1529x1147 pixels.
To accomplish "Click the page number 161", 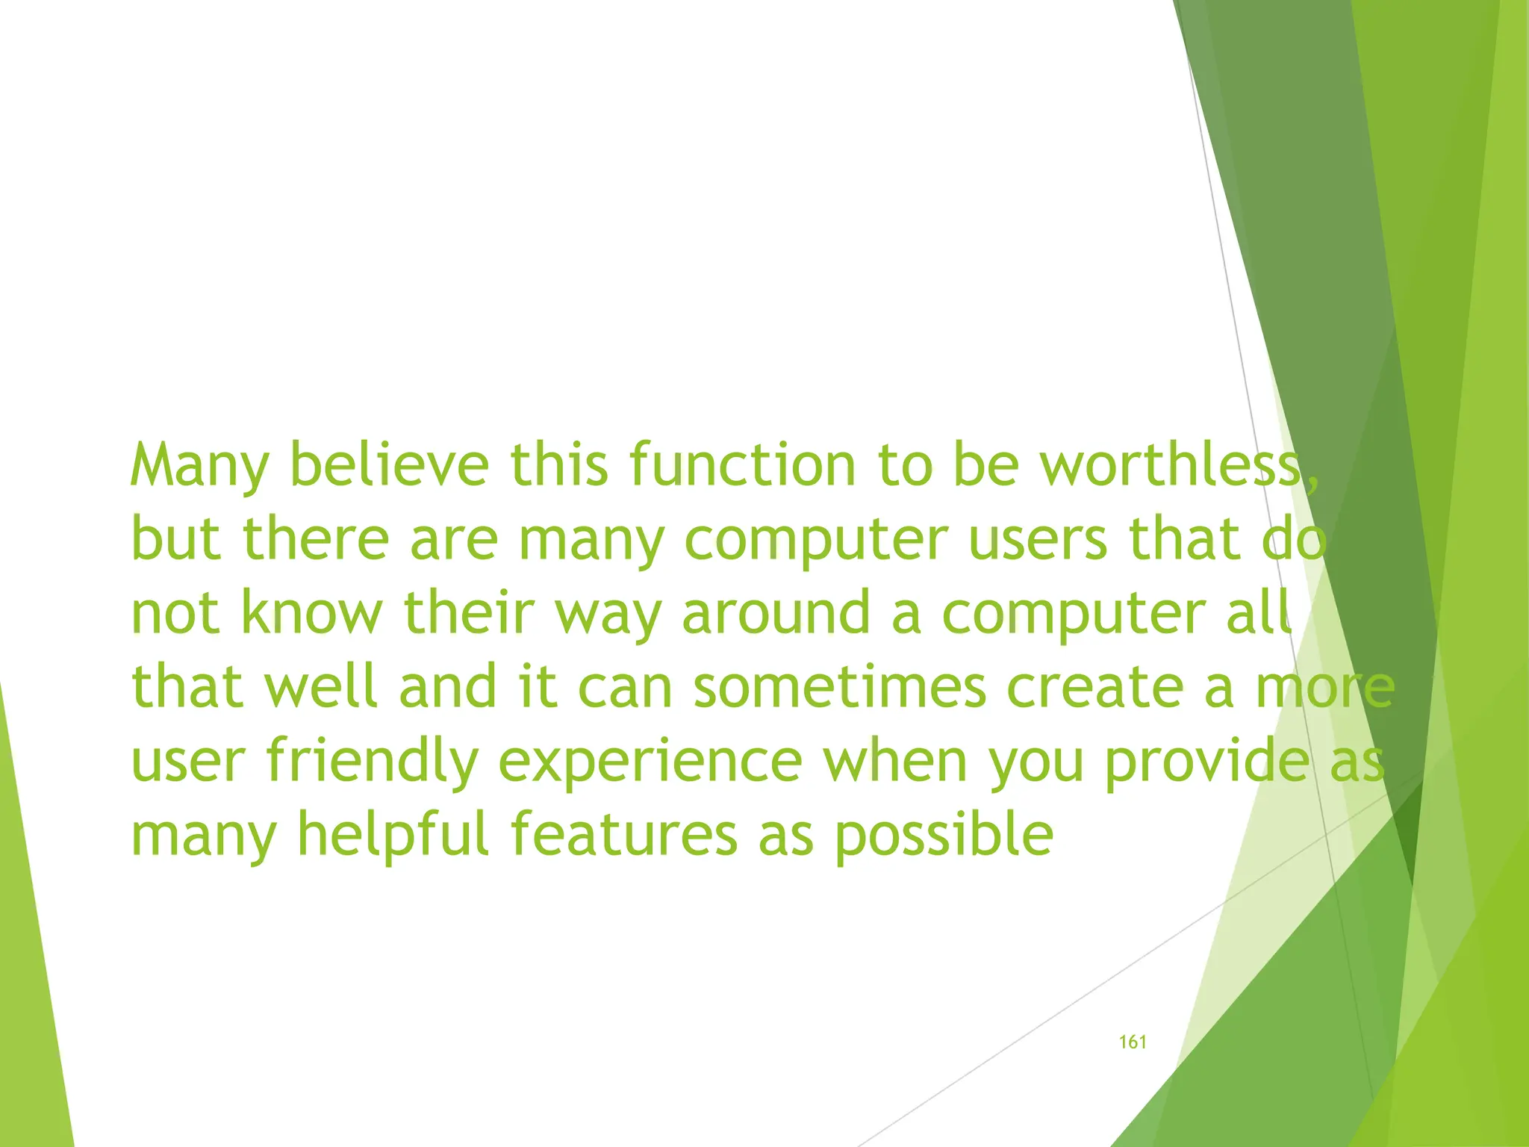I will [1133, 1042].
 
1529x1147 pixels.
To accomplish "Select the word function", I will [742, 464].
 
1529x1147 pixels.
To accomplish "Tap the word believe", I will [388, 464].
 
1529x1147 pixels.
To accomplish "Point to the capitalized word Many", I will [199, 466].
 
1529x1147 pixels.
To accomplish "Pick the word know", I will [311, 612].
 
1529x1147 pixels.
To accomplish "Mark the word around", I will [776, 612].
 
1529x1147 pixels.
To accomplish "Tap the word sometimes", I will [839, 686].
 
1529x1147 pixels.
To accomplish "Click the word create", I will [1094, 686].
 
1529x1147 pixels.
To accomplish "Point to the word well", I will [321, 686].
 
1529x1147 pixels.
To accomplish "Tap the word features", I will [624, 833].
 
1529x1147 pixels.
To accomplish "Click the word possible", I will [944, 835].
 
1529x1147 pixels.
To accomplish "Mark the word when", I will [895, 760].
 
